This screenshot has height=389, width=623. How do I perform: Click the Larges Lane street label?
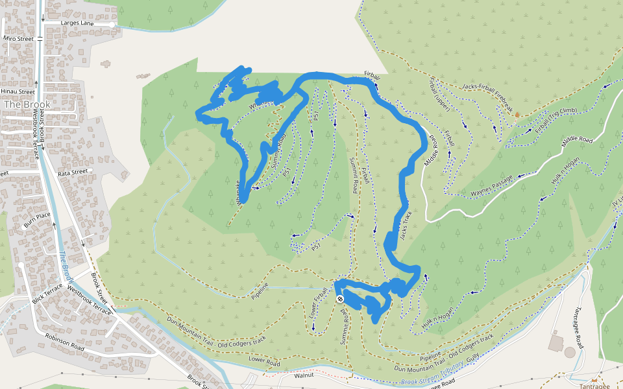(x=78, y=23)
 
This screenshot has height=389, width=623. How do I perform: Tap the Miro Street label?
(x=18, y=39)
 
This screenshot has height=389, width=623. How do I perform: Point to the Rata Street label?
(x=72, y=172)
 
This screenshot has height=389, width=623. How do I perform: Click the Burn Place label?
(x=37, y=215)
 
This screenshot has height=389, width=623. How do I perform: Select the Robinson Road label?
(x=64, y=342)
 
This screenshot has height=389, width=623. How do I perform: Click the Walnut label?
(x=304, y=375)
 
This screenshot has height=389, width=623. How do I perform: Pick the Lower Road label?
(x=262, y=359)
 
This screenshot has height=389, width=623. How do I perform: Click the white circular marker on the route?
(x=340, y=299)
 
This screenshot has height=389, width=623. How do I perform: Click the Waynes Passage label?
(x=491, y=185)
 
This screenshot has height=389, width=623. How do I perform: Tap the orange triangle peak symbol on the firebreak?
(x=517, y=115)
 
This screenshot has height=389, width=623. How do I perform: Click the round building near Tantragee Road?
(x=570, y=353)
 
